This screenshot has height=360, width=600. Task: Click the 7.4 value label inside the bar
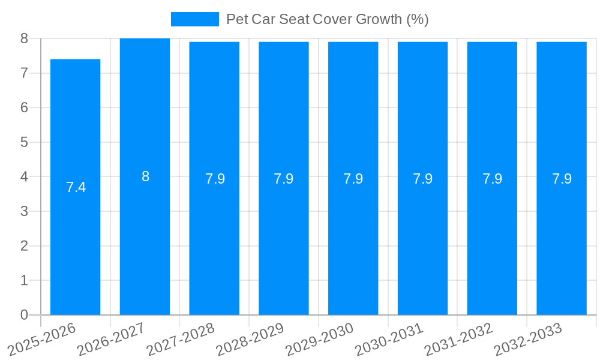(x=76, y=187)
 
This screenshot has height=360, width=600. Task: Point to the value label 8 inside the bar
(x=145, y=176)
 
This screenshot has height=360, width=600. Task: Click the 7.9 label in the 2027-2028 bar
(x=215, y=179)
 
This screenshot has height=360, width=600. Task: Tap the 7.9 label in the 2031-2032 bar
(x=492, y=179)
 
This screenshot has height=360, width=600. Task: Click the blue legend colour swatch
(x=194, y=19)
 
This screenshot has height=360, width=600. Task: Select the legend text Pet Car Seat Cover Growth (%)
(x=327, y=19)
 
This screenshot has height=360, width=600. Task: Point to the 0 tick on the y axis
(x=24, y=315)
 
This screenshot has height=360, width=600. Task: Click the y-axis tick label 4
(x=24, y=177)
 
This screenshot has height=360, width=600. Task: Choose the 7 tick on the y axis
(x=24, y=73)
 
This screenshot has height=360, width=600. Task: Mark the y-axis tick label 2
(x=24, y=246)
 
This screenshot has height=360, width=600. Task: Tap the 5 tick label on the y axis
(x=24, y=142)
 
